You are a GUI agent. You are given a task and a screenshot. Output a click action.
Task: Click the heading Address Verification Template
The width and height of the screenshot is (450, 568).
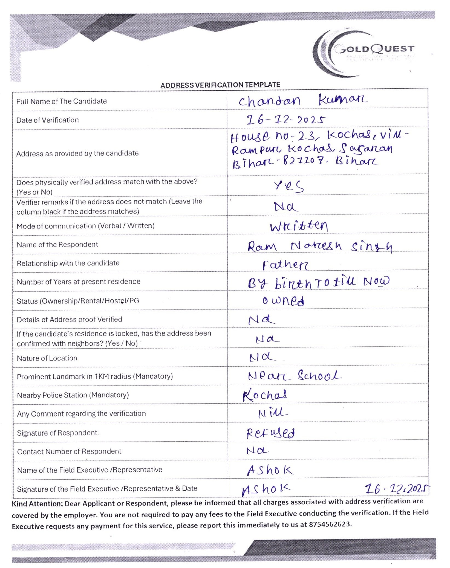click(x=220, y=85)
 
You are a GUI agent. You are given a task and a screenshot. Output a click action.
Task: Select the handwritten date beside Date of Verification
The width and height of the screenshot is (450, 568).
click(x=286, y=120)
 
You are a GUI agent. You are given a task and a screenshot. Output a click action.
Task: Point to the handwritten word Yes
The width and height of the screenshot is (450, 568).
click(x=289, y=186)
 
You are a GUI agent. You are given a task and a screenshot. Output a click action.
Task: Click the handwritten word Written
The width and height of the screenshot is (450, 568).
click(x=299, y=226)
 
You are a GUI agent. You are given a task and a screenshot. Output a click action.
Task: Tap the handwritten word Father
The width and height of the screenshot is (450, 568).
click(x=285, y=265)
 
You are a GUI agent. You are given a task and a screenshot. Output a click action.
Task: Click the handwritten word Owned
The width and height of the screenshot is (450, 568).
click(x=283, y=301)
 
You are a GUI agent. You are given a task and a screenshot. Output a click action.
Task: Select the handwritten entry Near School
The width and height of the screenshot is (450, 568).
click(x=294, y=376)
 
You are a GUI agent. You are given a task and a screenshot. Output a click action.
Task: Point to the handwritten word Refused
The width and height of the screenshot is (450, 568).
click(x=270, y=433)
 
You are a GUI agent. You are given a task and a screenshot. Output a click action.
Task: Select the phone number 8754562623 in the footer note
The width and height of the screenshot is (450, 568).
click(x=330, y=524)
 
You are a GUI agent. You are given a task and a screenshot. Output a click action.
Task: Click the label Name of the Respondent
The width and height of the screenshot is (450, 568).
click(x=57, y=245)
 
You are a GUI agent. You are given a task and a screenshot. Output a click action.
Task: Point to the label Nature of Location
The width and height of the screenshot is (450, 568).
click(x=47, y=358)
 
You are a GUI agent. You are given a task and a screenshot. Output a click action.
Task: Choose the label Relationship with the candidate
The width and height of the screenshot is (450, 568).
click(x=68, y=263)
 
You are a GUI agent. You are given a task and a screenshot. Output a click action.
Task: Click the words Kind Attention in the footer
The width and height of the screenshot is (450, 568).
click(x=37, y=504)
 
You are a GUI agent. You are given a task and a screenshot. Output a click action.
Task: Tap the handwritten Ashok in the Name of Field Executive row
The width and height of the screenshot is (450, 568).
click(x=270, y=470)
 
